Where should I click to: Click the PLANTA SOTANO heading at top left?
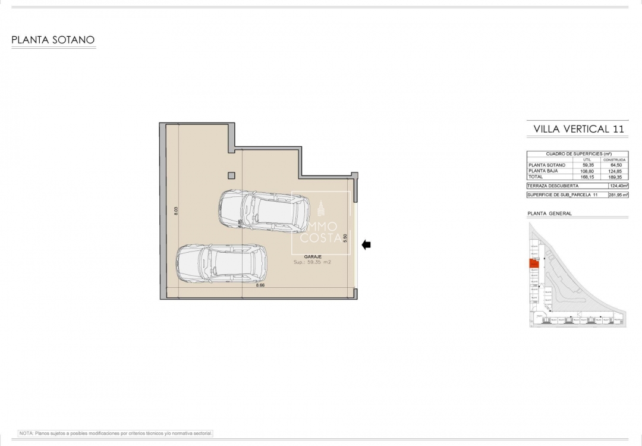coord(53,40)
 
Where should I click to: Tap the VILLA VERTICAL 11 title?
coord(578,128)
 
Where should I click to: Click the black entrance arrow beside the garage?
coord(366,244)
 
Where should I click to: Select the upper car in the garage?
coord(264,211)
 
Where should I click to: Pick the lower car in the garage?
coord(221,263)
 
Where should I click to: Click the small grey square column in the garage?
coord(231,175)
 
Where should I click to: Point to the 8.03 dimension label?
coord(176,211)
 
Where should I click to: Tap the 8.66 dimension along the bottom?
coord(260,285)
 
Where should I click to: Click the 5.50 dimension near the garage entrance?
coord(345,237)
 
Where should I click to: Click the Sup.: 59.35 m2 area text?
coord(312,262)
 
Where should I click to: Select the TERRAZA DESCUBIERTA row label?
coord(552,186)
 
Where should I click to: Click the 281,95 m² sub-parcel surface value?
coord(618,194)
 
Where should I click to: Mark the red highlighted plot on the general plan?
coord(533,265)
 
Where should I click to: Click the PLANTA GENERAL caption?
coord(549,213)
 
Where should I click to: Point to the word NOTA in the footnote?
coord(26,434)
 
